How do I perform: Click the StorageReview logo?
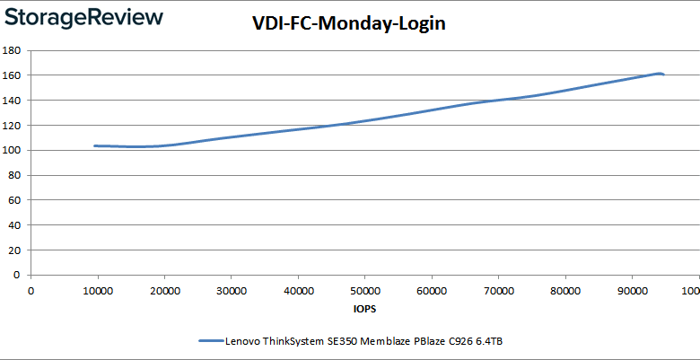(x=83, y=17)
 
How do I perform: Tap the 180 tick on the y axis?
(x=13, y=50)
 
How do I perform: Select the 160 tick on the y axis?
(x=13, y=75)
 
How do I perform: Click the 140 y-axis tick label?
(x=13, y=101)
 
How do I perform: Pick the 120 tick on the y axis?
(x=13, y=126)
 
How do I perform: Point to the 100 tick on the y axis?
(x=13, y=151)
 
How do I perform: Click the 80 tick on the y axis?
(x=15, y=176)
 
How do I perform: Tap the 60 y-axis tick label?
(x=15, y=201)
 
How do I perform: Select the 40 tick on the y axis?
(x=15, y=226)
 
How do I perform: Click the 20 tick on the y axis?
(x=15, y=251)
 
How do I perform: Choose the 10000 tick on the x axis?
(x=98, y=290)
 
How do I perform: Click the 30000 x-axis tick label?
(x=232, y=290)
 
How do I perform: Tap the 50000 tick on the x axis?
(x=365, y=290)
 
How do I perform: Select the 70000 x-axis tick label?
(x=498, y=290)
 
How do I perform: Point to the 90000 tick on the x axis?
(x=632, y=290)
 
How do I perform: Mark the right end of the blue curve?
(x=662, y=75)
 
